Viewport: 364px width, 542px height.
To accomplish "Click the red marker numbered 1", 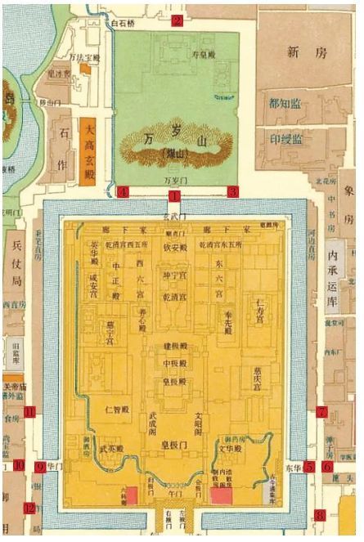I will pos(174,196).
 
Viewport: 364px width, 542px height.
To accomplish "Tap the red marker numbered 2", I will pos(176,21).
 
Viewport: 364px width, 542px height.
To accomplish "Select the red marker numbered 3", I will pos(232,191).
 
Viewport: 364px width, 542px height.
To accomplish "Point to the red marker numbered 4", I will pos(124,192).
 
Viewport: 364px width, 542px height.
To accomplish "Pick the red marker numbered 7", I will pos(321,412).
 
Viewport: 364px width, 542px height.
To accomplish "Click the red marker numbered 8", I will pos(320,515).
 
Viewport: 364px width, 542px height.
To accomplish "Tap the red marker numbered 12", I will pos(29,508).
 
